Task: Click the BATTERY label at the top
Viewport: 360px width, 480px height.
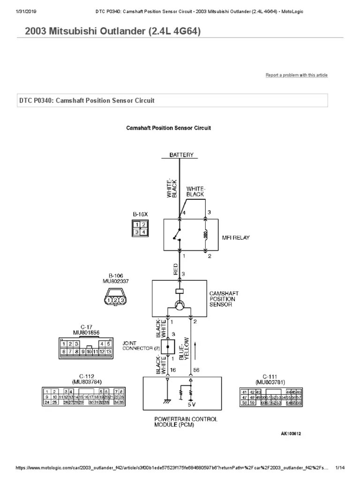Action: tap(181, 155)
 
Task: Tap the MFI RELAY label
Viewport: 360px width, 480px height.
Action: tap(236, 238)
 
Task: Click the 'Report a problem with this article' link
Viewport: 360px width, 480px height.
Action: tap(297, 75)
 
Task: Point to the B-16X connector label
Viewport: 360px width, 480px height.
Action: tap(140, 214)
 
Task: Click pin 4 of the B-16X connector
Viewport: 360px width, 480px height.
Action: tap(144, 232)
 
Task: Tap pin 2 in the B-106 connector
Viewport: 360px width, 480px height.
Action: tap(115, 300)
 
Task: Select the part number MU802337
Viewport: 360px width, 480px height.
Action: tap(115, 282)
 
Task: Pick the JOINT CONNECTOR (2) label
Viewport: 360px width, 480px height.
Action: tap(138, 345)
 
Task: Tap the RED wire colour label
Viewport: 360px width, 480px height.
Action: tap(176, 269)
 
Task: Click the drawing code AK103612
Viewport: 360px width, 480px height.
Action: tap(291, 434)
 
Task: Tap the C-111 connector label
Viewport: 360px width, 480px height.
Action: tap(270, 376)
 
